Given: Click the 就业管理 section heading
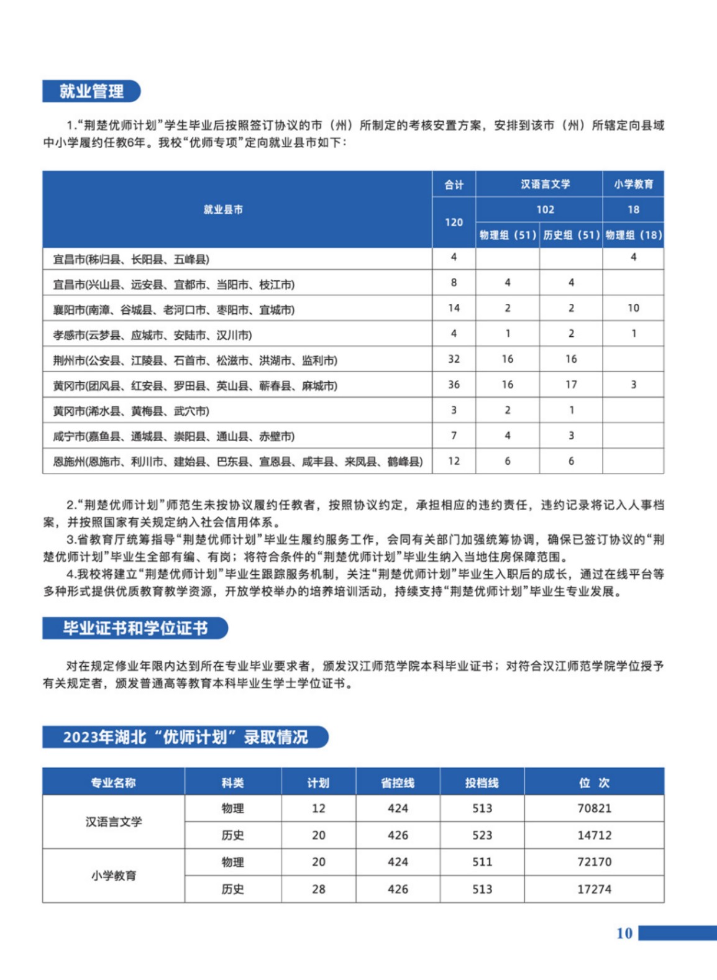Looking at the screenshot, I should pyautogui.click(x=91, y=91).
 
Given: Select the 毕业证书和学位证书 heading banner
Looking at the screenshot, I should pyautogui.click(x=135, y=628).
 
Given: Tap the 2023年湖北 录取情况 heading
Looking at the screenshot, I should pyautogui.click(x=185, y=737).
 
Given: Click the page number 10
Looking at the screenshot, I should pyautogui.click(x=624, y=933).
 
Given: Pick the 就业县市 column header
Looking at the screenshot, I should pyautogui.click(x=223, y=209).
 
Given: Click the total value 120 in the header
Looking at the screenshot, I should pyautogui.click(x=454, y=222).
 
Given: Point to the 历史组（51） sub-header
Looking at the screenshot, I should pyautogui.click(x=571, y=235).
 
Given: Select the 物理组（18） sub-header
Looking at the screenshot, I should pyautogui.click(x=633, y=235).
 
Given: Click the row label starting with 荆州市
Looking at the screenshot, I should pyautogui.click(x=195, y=360).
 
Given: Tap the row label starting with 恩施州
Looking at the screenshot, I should pyautogui.click(x=237, y=461).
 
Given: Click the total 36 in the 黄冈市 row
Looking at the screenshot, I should pyautogui.click(x=454, y=385).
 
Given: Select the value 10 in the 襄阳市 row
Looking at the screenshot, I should pyautogui.click(x=633, y=308).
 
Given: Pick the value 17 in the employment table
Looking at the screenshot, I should pyautogui.click(x=571, y=385).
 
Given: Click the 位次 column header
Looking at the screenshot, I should pyautogui.click(x=594, y=782).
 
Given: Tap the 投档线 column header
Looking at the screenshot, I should pyautogui.click(x=482, y=782).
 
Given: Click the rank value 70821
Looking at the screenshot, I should pyautogui.click(x=594, y=808).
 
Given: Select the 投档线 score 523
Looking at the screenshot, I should pyautogui.click(x=482, y=835).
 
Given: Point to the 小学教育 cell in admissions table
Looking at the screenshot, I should pyautogui.click(x=114, y=876).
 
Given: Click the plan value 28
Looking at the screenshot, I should pyautogui.click(x=318, y=889).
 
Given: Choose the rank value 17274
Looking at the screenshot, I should pyautogui.click(x=594, y=889).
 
